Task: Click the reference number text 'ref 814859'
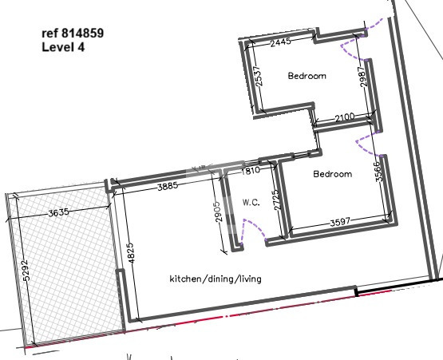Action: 73,34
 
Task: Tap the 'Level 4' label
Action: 63,47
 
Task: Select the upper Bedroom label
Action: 307,76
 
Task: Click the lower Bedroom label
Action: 333,174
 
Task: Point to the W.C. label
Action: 251,202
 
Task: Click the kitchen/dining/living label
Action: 216,279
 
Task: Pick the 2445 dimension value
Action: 280,42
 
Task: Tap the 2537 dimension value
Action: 259,76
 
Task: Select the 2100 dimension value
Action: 345,117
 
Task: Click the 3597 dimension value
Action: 340,222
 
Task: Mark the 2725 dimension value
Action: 277,200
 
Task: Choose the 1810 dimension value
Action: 251,170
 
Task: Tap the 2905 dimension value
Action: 218,212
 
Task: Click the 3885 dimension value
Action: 168,186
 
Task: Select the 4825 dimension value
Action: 133,254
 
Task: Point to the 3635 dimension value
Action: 58,212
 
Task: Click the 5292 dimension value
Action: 26,271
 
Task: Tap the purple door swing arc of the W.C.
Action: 259,226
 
